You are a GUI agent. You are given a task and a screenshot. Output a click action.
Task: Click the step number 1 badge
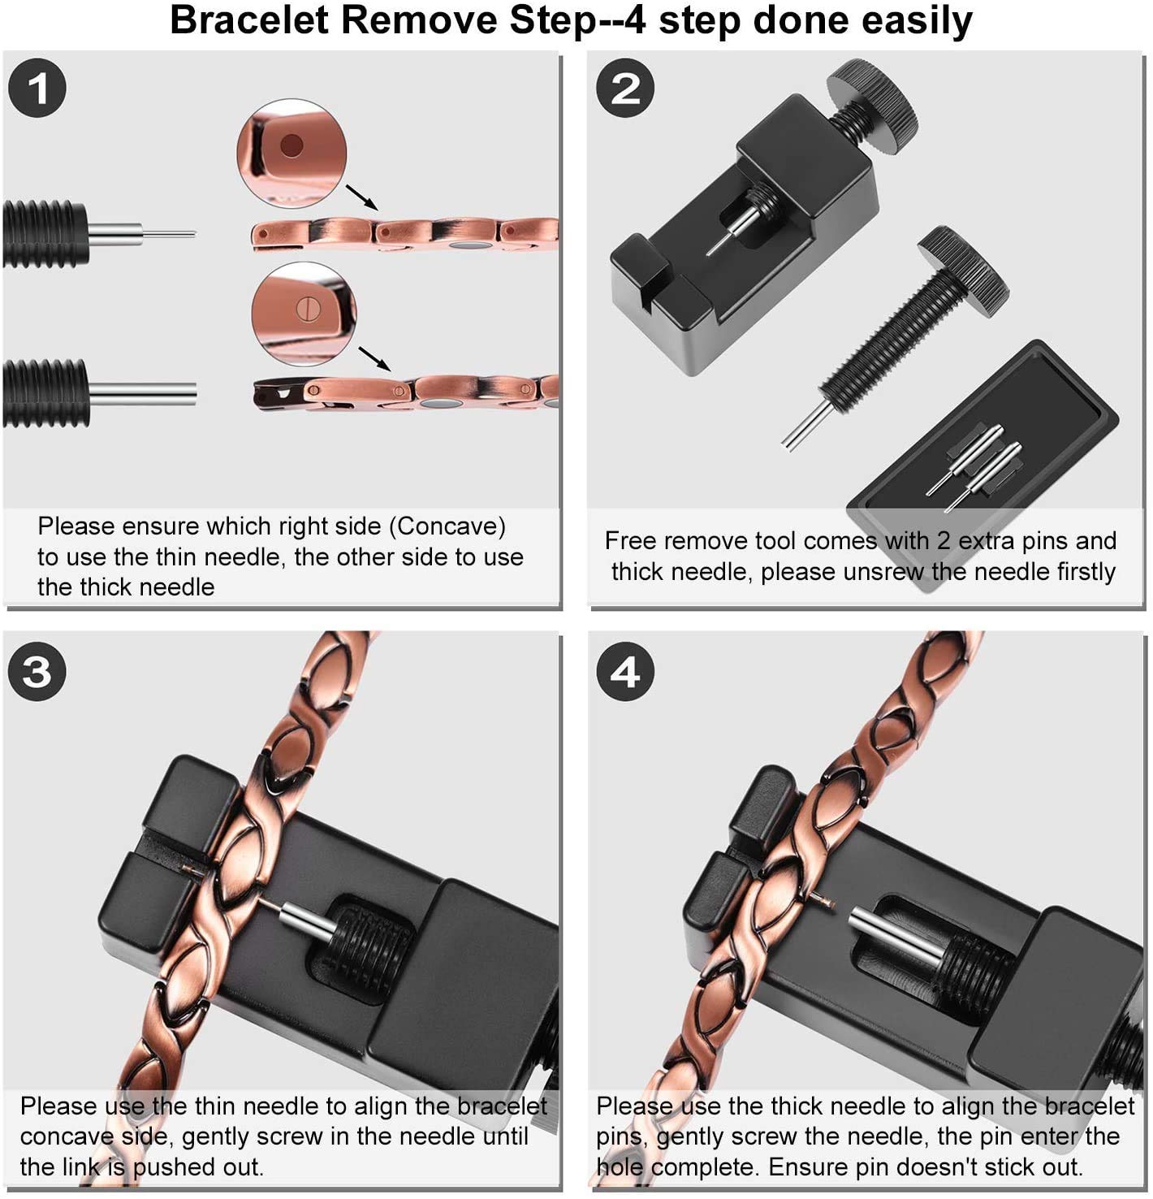37,88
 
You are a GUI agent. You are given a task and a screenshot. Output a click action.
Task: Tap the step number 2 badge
625,88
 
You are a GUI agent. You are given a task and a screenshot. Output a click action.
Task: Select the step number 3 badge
37,671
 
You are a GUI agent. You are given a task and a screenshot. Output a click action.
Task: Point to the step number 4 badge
625,671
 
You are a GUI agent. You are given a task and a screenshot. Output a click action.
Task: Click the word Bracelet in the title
249,20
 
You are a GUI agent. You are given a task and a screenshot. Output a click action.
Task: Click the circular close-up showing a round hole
291,152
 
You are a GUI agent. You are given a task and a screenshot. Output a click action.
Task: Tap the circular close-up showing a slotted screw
304,314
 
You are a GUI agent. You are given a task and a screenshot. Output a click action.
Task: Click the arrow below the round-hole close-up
361,197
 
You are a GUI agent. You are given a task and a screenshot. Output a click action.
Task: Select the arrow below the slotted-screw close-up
374,358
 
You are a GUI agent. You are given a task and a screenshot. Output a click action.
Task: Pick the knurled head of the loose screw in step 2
963,271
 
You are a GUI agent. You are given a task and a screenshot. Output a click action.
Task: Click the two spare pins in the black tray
974,468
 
